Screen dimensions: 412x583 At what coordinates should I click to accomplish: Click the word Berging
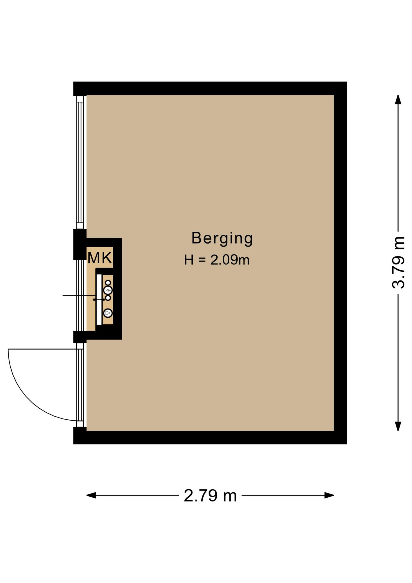click(222, 238)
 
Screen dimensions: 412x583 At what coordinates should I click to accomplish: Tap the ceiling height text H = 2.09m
click(217, 260)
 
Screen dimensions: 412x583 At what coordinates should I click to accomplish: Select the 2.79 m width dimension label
click(210, 496)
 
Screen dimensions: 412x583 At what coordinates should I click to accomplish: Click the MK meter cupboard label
click(100, 258)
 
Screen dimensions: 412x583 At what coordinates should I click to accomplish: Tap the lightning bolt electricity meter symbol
click(108, 290)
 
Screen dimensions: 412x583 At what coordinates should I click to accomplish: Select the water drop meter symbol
click(108, 313)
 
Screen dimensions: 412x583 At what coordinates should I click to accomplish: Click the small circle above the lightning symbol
click(108, 283)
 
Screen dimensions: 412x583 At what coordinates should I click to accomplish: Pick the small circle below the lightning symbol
click(108, 298)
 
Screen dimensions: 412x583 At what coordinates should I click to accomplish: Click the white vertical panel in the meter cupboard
click(99, 299)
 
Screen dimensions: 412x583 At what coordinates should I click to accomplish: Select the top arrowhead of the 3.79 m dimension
click(398, 100)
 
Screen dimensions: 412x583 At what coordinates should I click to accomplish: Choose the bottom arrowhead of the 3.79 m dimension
click(398, 426)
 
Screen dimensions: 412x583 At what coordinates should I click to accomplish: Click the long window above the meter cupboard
click(80, 162)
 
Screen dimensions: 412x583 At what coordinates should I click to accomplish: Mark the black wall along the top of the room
click(210, 88)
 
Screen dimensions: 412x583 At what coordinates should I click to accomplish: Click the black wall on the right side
click(340, 263)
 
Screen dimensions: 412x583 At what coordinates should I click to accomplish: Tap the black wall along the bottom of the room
click(210, 437)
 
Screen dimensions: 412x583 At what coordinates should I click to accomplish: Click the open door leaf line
click(42, 349)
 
